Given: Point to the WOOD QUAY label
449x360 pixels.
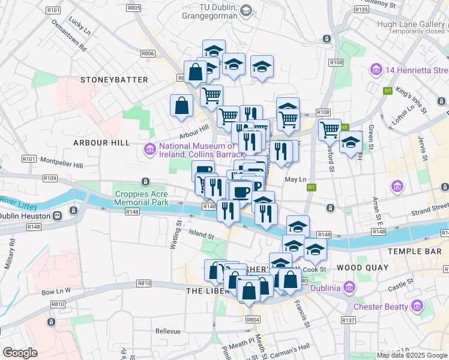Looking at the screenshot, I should (x=362, y=267).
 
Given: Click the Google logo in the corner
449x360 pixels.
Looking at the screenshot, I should (x=20, y=352).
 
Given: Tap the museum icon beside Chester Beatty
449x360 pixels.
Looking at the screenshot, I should (x=417, y=307).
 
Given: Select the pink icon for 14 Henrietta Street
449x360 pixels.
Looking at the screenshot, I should (x=376, y=70).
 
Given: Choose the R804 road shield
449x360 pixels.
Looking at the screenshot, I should (x=253, y=320).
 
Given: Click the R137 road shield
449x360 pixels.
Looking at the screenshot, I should (x=348, y=320).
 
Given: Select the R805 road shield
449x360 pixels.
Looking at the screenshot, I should (x=134, y=8).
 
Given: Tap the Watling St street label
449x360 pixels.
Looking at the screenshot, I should (x=178, y=231).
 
